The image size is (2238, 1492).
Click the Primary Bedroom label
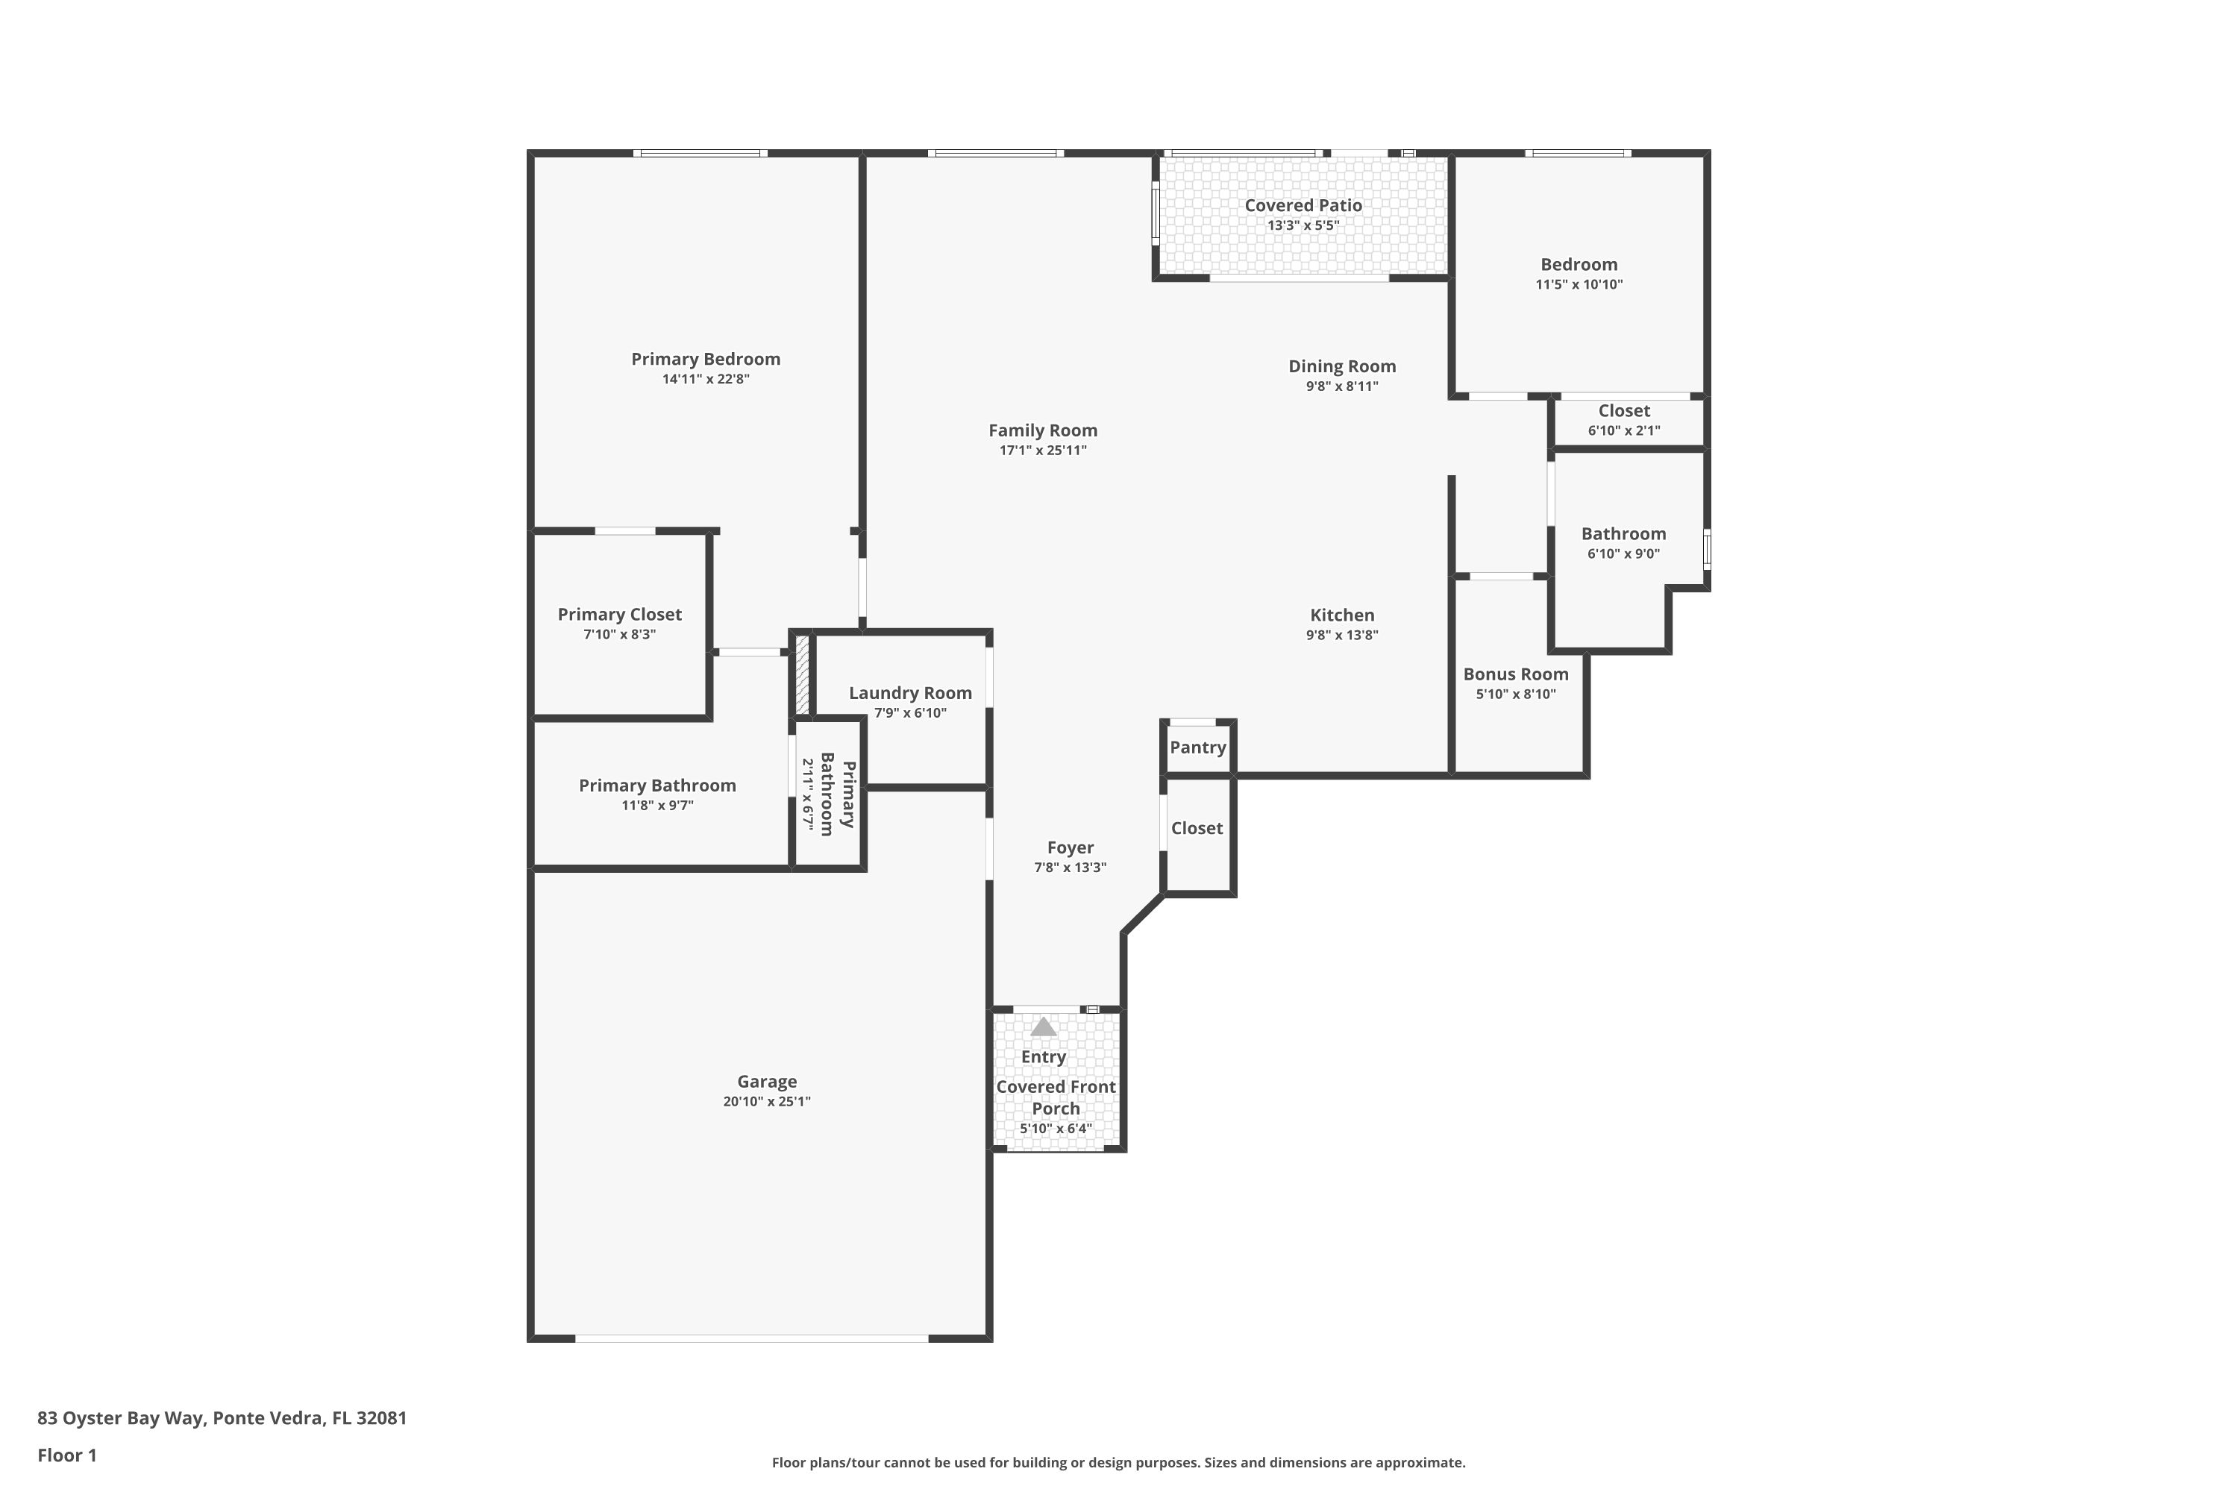tap(705, 359)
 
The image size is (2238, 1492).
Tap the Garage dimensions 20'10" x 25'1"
tap(766, 1102)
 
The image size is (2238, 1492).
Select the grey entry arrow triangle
tap(1044, 1026)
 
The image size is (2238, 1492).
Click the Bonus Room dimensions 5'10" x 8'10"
tap(1515, 694)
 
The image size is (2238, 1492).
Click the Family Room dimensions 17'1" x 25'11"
tap(1042, 450)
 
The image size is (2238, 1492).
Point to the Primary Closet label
tap(619, 615)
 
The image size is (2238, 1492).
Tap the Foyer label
tap(1070, 847)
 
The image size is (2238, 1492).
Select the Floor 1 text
tap(66, 1455)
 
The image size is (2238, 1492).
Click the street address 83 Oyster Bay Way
tap(222, 1418)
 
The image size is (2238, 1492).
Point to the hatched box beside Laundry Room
tap(802, 674)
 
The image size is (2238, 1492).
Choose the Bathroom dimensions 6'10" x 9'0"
tap(1623, 554)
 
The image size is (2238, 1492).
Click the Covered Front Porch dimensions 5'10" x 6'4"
tap(1056, 1129)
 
